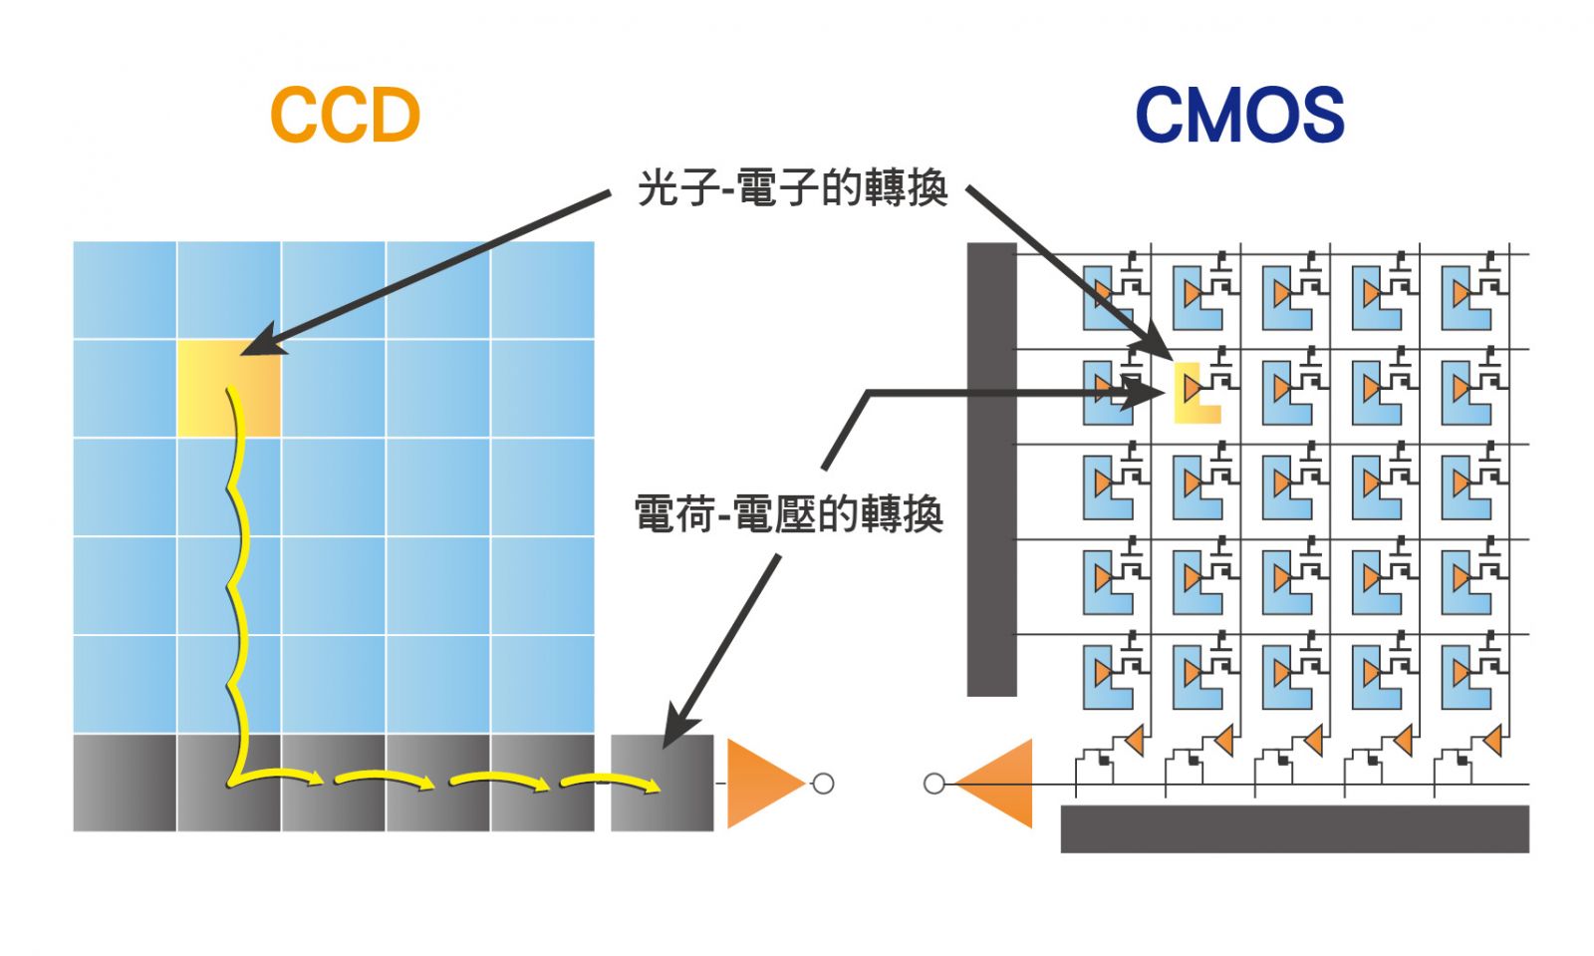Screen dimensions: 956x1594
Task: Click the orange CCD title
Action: click(x=345, y=115)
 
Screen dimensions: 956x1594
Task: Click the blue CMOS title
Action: click(x=1239, y=115)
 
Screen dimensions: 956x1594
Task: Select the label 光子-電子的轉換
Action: click(x=792, y=187)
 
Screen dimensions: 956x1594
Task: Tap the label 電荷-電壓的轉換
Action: click(x=788, y=514)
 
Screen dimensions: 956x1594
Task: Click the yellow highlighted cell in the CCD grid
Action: click(x=228, y=388)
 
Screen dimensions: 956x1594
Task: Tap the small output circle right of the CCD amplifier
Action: click(x=823, y=784)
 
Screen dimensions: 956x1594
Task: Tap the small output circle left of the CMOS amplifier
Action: click(x=933, y=784)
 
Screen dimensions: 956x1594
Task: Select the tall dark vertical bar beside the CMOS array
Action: click(x=991, y=469)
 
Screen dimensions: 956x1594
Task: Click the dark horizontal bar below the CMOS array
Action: click(x=1294, y=828)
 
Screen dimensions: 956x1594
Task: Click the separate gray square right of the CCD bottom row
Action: click(x=662, y=784)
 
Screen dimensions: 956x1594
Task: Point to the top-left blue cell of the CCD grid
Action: click(x=125, y=290)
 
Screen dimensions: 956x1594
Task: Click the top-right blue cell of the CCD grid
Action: click(x=542, y=290)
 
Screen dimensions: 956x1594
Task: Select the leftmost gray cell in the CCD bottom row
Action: click(x=125, y=784)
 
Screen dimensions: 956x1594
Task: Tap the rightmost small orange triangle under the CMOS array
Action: click(x=1491, y=741)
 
